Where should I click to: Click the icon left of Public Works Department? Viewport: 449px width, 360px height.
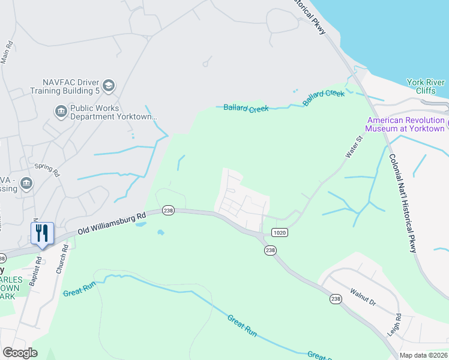(61, 111)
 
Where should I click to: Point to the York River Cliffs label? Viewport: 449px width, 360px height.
(425, 86)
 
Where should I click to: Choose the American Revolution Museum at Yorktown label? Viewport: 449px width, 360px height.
(406, 124)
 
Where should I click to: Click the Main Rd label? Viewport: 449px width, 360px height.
(7, 53)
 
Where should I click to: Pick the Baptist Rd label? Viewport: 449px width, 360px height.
(39, 269)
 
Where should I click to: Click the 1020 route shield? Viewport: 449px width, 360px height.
(280, 232)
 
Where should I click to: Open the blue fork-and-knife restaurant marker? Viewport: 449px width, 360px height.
(42, 233)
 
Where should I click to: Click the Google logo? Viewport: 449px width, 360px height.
(20, 353)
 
